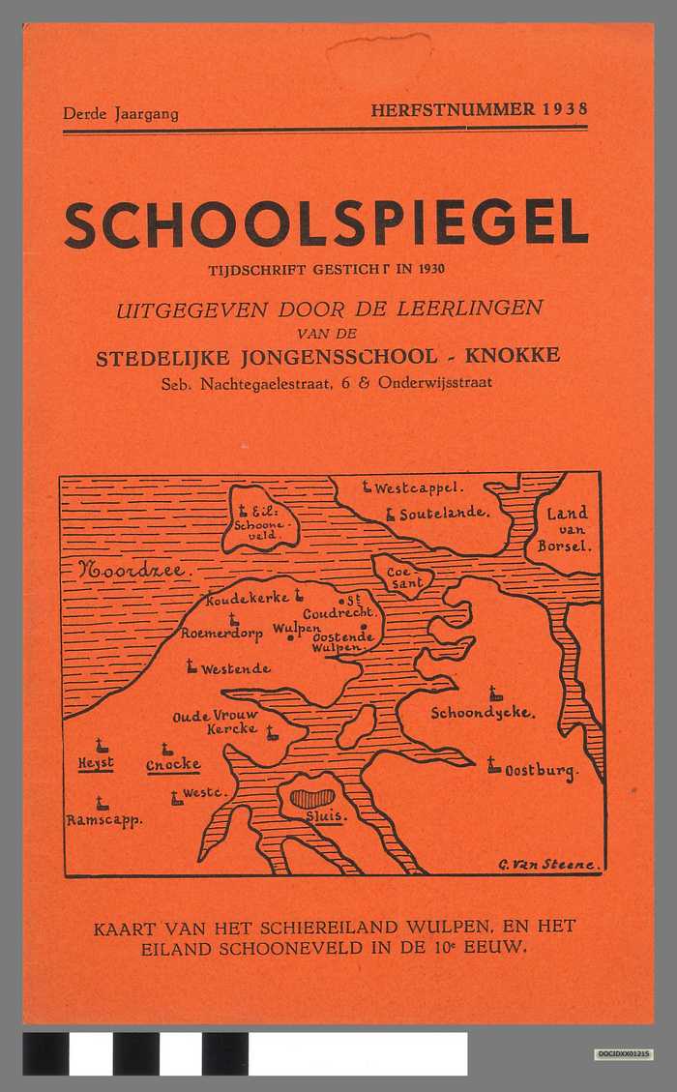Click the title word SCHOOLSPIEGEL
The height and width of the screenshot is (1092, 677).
click(x=326, y=224)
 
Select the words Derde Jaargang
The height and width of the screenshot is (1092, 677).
click(x=121, y=113)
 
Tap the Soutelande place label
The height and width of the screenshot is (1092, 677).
click(x=444, y=514)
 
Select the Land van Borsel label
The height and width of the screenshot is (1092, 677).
click(x=567, y=529)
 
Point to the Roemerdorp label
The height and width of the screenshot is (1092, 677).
click(x=223, y=634)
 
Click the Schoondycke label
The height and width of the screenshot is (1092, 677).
click(x=482, y=712)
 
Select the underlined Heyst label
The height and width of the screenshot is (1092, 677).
click(x=96, y=763)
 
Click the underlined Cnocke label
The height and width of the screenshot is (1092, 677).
click(x=173, y=765)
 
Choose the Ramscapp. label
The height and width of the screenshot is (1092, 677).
click(x=104, y=820)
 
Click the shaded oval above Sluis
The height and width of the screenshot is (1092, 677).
click(x=312, y=799)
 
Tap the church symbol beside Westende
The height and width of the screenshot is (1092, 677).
click(x=191, y=665)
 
